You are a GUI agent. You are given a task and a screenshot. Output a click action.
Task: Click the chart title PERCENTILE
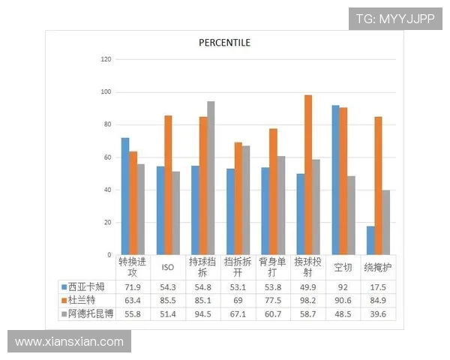[x=224, y=42]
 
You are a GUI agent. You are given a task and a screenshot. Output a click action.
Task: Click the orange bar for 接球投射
[x=308, y=175]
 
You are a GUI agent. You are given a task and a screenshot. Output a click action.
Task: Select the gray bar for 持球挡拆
[x=211, y=178]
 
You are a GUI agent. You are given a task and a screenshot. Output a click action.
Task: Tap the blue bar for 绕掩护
[x=370, y=240]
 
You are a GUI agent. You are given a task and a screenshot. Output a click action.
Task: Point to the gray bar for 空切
[x=352, y=215]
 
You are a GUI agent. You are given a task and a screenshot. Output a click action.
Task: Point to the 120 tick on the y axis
[x=106, y=59]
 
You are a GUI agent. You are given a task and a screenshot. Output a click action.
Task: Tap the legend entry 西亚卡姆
[x=82, y=286]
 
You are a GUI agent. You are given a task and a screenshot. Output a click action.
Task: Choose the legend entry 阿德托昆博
[x=88, y=313]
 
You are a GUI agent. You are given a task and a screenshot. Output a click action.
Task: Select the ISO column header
[x=168, y=267]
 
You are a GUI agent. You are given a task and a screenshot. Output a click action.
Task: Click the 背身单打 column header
[x=273, y=267]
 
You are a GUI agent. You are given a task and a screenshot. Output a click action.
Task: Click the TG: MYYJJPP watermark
[x=395, y=19]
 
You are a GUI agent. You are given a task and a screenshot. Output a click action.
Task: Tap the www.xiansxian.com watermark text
[x=69, y=342]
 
